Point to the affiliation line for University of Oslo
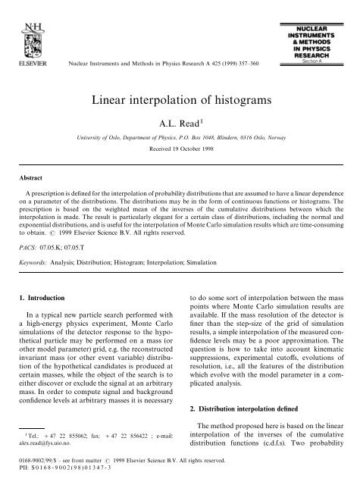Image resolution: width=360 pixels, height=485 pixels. pyautogui.click(x=180, y=140)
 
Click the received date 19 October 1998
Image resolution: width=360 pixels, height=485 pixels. pyautogui.click(x=180, y=154)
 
